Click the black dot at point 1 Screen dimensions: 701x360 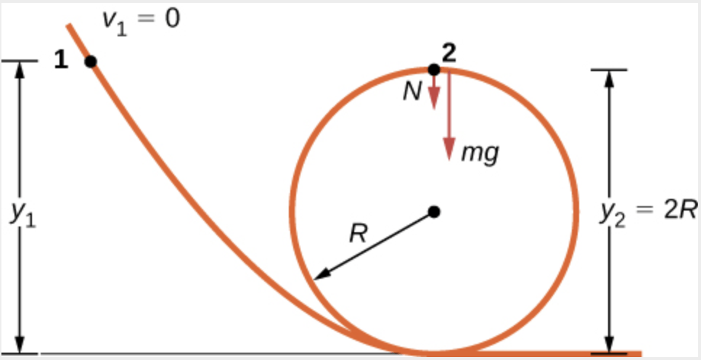pyautogui.click(x=91, y=61)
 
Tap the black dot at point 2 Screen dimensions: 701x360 pyautogui.click(x=433, y=70)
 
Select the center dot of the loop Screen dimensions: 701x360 pyautogui.click(x=434, y=211)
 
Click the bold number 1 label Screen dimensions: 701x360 pyautogui.click(x=62, y=61)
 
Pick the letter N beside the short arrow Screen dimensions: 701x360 pyautogui.click(x=414, y=94)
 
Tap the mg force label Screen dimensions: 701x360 pyautogui.click(x=480, y=154)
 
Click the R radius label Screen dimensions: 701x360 pyautogui.click(x=356, y=234)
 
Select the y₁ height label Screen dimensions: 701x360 pyautogui.click(x=22, y=212)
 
